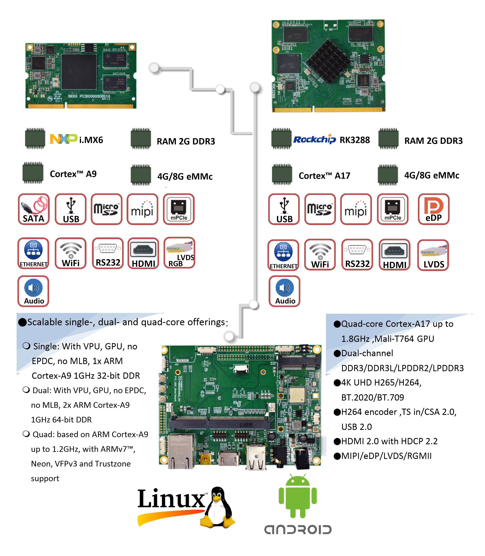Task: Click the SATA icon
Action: pos(34,209)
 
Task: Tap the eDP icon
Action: pos(433,209)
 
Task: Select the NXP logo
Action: pos(63,139)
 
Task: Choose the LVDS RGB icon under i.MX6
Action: pos(179,253)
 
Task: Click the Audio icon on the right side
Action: pos(284,291)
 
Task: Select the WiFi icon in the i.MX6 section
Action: pos(71,253)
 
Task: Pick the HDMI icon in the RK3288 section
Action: pos(394,254)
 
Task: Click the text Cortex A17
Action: pos(324,176)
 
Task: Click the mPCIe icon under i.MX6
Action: pos(179,209)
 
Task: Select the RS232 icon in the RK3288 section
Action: pos(357,254)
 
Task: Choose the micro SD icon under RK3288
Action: pos(320,209)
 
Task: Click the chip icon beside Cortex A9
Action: pos(33,173)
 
